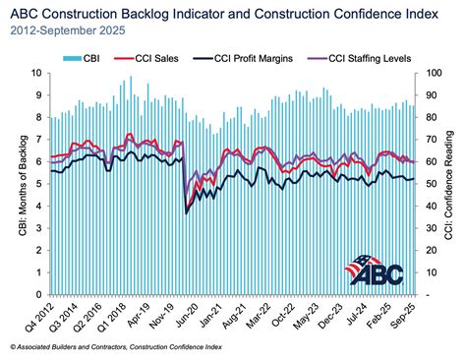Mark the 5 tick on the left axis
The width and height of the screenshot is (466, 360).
click(x=36, y=184)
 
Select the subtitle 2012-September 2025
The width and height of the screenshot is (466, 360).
click(x=64, y=31)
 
